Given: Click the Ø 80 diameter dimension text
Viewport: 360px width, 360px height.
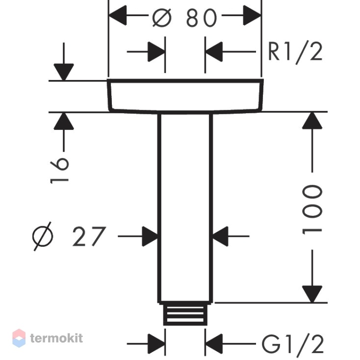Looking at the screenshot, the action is coord(184,18).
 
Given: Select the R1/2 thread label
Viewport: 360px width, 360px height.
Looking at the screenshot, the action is coord(295,53).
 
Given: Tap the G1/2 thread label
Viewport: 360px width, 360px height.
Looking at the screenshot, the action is coord(293,344).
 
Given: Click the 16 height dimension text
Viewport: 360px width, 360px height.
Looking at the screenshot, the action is coord(59,170).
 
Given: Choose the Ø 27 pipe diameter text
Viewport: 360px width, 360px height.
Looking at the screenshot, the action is coord(69,236).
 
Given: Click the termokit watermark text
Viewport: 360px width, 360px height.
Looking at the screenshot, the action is coord(56,338).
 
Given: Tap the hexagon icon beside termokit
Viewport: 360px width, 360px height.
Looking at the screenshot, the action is coord(19,338).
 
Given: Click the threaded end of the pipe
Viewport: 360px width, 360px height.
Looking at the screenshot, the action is coord(185,313).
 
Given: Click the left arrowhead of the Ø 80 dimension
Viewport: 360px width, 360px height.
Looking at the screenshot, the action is coord(117,15).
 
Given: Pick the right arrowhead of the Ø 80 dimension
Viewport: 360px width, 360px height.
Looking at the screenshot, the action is coord(252,15).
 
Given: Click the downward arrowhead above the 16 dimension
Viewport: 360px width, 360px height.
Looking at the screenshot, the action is coord(64,72).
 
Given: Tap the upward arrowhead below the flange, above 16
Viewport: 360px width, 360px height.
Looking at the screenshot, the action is coord(64,121).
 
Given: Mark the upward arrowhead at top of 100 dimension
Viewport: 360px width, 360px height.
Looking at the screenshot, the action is coord(312,120).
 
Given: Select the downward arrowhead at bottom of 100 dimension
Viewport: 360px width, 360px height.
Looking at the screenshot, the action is coord(312,294).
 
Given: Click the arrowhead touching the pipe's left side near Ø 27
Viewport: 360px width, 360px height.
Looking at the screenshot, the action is coord(150,236).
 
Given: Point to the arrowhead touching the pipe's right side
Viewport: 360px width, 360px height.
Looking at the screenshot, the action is coord(220,236).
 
